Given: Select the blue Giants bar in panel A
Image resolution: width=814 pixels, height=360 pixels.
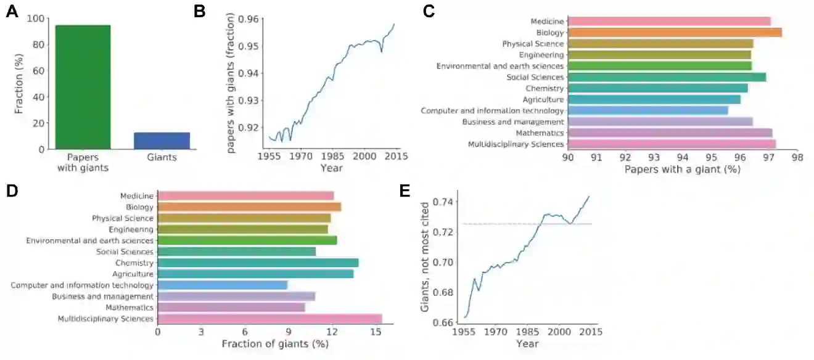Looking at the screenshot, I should (162, 141).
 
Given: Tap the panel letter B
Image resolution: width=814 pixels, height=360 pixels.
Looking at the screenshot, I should (199, 11).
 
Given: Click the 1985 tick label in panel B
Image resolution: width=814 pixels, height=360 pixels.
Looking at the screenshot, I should (333, 157).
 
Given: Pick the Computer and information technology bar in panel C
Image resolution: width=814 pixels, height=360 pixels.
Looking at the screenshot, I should (647, 110).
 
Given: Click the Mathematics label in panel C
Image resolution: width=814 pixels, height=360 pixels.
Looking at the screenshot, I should (541, 133).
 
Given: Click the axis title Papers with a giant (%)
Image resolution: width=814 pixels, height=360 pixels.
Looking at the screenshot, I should (682, 168).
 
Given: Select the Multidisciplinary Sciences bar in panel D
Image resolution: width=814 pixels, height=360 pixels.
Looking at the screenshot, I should (269, 319).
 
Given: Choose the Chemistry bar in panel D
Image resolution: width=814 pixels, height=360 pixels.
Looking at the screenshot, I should (258, 263).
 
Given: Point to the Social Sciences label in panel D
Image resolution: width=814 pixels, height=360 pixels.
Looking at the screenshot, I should (125, 252).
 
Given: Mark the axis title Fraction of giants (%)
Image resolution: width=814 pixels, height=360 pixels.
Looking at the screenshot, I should (274, 343).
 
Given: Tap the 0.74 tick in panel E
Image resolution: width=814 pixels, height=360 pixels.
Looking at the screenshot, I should (442, 202).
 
